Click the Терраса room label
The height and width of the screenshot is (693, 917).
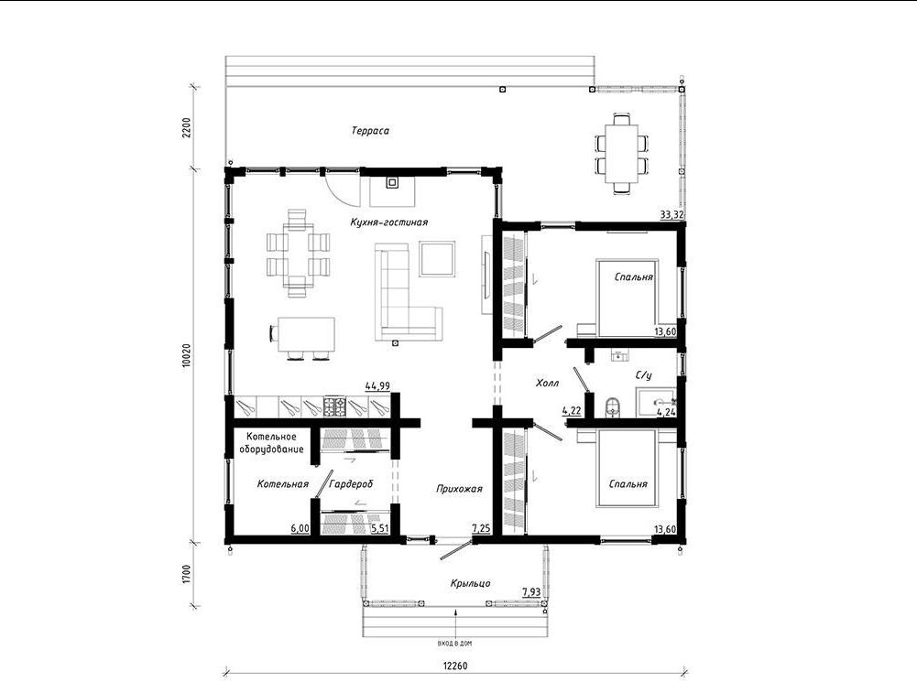coord(370,131)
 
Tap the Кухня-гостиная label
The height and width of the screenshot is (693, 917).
coord(389,222)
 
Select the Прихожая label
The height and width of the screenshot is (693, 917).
coord(459,489)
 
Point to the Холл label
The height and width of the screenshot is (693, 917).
coord(548,384)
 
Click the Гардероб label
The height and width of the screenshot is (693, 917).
coord(351,483)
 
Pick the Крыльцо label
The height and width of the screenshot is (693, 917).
coord(470,583)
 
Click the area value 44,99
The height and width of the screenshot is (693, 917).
coord(377,385)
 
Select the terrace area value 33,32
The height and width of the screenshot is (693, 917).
coord(672,214)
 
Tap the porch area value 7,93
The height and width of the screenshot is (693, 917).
coord(531,592)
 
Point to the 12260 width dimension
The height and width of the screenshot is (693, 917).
coord(455,666)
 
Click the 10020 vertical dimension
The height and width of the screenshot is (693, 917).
coord(187,354)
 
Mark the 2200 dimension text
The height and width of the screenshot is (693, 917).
coord(187,127)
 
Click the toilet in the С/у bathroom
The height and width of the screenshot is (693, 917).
coord(612,406)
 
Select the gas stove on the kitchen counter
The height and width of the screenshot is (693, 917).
coord(335,406)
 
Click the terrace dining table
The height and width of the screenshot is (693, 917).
coord(622,153)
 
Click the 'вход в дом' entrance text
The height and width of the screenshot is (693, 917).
coord(454,644)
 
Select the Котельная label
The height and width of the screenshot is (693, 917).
coord(282,483)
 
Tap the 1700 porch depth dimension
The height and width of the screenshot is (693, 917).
coord(187,574)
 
